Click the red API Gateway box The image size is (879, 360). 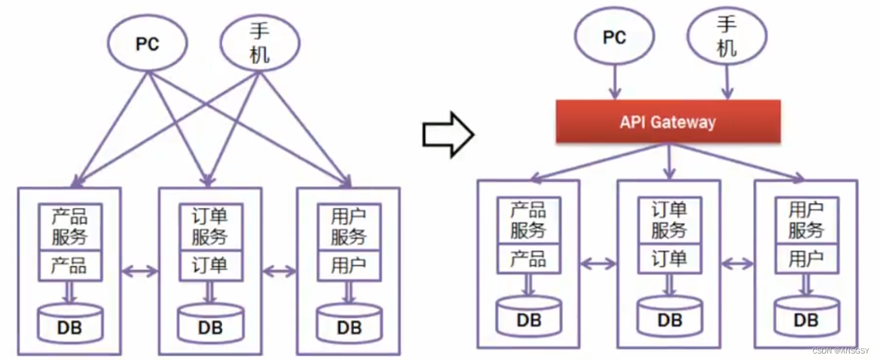pyautogui.click(x=668, y=121)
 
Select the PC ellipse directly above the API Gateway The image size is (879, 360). pyautogui.click(x=614, y=38)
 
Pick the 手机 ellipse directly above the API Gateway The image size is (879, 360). pyautogui.click(x=727, y=38)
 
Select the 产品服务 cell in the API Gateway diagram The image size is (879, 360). pyautogui.click(x=529, y=221)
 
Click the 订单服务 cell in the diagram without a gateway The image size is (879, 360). pyautogui.click(x=210, y=226)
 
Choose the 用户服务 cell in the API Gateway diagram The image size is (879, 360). pyautogui.click(x=806, y=221)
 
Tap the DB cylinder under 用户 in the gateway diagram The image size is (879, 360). pyautogui.click(x=806, y=316)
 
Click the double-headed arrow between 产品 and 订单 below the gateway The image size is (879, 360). pyautogui.click(x=598, y=263)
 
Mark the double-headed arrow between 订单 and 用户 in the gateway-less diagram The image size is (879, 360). pyautogui.click(x=279, y=271)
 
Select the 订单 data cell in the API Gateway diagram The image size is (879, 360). pyautogui.click(x=669, y=259)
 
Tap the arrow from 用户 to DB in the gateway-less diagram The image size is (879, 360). pyautogui.click(x=349, y=292)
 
